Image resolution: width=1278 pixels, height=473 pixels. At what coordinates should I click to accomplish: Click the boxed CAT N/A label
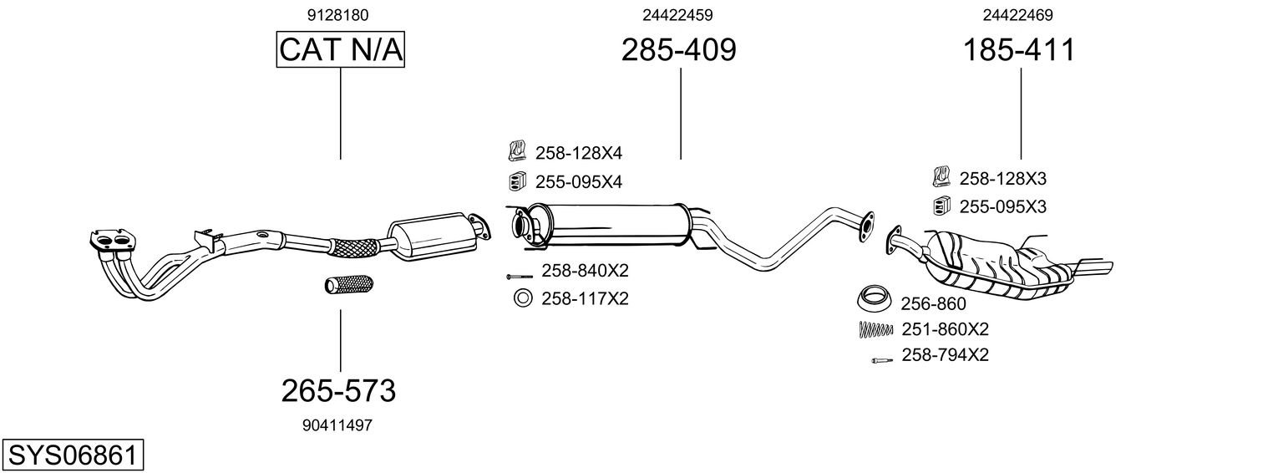341,50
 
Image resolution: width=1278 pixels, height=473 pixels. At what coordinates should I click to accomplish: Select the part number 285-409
678,50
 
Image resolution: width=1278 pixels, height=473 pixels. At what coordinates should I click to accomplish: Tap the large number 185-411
1019,50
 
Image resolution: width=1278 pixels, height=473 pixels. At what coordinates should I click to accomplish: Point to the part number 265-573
338,390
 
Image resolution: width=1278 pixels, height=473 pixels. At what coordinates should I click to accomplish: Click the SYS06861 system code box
73,455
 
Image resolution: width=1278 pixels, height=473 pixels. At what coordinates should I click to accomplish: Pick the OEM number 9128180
338,15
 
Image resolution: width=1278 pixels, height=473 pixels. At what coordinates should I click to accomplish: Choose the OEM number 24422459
677,15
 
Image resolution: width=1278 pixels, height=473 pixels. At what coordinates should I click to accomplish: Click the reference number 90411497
337,425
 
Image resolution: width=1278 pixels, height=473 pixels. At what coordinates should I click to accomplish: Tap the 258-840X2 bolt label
585,271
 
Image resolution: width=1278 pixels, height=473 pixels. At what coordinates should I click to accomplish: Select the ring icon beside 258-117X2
522,298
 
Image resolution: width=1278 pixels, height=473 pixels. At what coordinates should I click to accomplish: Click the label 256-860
933,304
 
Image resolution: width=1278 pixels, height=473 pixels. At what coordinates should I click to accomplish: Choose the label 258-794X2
945,355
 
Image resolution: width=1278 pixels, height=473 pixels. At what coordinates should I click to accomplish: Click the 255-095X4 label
578,181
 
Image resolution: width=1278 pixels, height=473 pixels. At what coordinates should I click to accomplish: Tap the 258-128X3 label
1002,178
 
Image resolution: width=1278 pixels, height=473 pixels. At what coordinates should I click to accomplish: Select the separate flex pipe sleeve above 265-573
348,284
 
